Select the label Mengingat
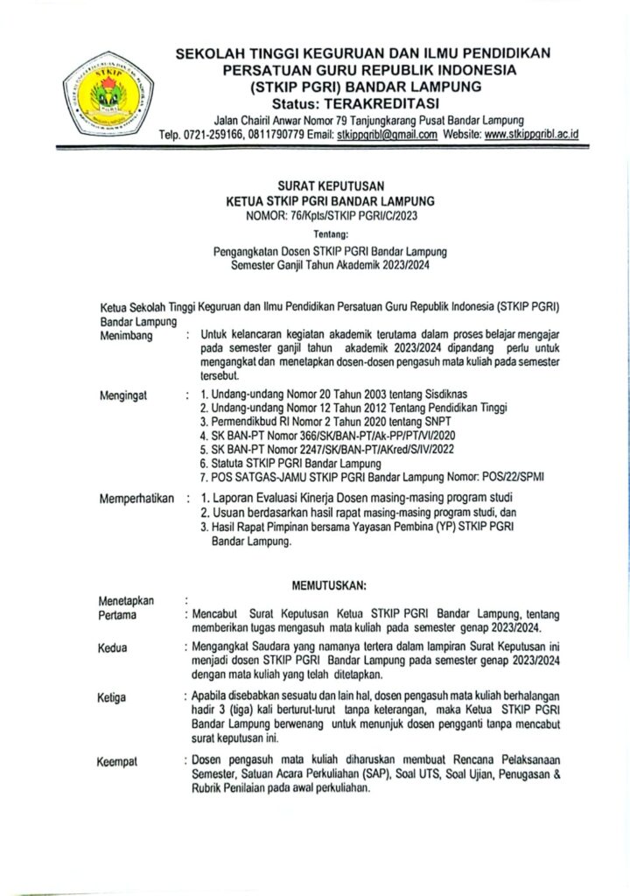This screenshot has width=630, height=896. coord(124,395)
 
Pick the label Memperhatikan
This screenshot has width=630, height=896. coord(137,500)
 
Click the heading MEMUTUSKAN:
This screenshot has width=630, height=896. coord(328,584)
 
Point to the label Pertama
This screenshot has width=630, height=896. coord(119,615)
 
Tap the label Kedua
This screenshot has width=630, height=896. coord(114,647)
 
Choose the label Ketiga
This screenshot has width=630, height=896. coord(114,697)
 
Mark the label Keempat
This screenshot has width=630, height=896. coord(119,762)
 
